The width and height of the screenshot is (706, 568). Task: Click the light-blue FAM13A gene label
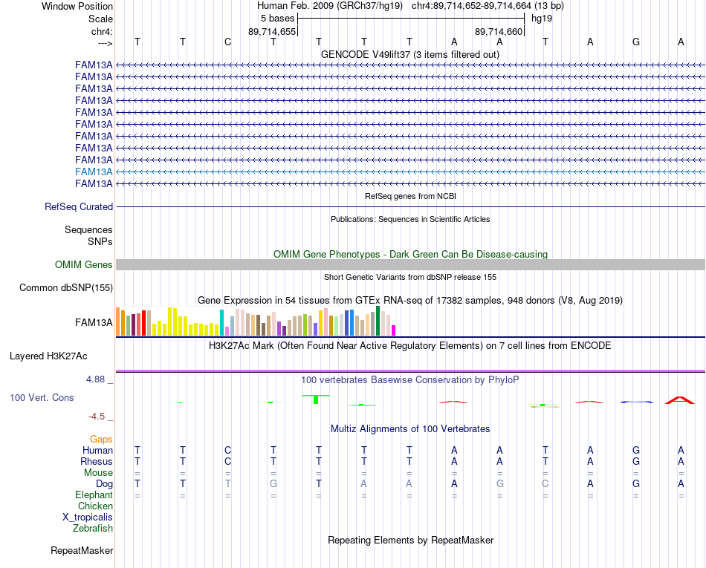94,172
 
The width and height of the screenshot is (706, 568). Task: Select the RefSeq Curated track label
79,207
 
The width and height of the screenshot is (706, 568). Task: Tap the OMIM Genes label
84,264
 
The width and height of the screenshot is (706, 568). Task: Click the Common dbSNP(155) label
66,288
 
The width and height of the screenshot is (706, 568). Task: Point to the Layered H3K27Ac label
48,356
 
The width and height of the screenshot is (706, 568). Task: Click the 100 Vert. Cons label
42,397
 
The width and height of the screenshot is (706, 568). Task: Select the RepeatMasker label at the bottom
82,550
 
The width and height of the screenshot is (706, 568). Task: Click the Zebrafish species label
93,528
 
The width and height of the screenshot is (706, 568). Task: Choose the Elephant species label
94,494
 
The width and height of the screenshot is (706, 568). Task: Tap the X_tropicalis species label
88,518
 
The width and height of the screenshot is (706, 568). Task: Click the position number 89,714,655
272,31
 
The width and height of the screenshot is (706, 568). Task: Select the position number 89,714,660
499,31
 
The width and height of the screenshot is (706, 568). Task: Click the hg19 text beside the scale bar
542,19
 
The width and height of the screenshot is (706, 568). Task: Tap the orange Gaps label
101,439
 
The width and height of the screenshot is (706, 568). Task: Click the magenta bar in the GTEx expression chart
394,330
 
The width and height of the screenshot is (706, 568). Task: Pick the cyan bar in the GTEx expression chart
222,322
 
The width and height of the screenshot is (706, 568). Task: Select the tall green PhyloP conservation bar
316,399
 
